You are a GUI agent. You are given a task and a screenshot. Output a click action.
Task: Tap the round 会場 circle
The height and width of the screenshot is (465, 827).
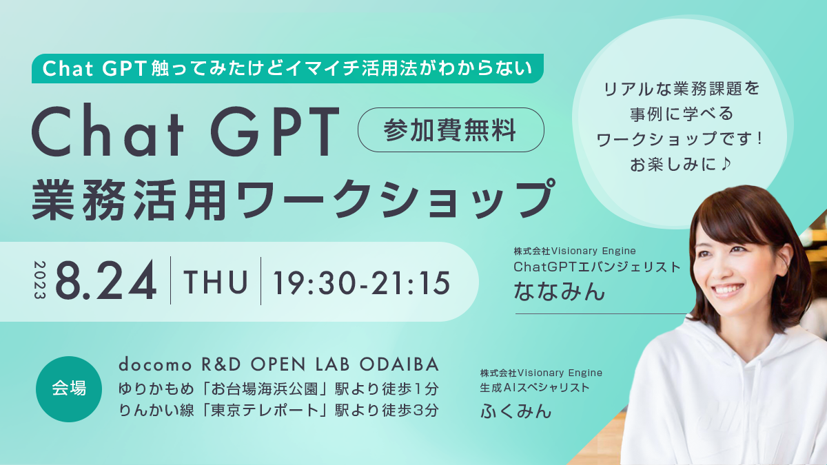point(69,389)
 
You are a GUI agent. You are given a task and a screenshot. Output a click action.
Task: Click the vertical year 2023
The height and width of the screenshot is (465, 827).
point(38,280)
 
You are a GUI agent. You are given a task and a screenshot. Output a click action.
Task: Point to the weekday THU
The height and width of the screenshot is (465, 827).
point(216,281)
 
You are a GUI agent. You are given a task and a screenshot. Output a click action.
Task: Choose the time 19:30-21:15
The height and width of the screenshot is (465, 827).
point(362,281)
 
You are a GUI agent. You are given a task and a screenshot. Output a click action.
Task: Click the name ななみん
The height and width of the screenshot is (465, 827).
point(559,292)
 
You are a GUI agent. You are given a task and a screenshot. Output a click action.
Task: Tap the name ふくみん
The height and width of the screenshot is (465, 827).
point(516,411)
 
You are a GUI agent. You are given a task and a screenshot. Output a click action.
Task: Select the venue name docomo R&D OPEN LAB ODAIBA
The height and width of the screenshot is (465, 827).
point(278,363)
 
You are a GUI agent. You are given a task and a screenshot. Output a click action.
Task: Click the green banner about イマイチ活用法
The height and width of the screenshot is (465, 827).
point(287,68)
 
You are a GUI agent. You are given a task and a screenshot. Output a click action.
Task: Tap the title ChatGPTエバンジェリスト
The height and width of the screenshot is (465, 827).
point(597,267)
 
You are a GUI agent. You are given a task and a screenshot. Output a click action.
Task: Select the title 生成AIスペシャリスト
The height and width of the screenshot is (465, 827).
point(535,388)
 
